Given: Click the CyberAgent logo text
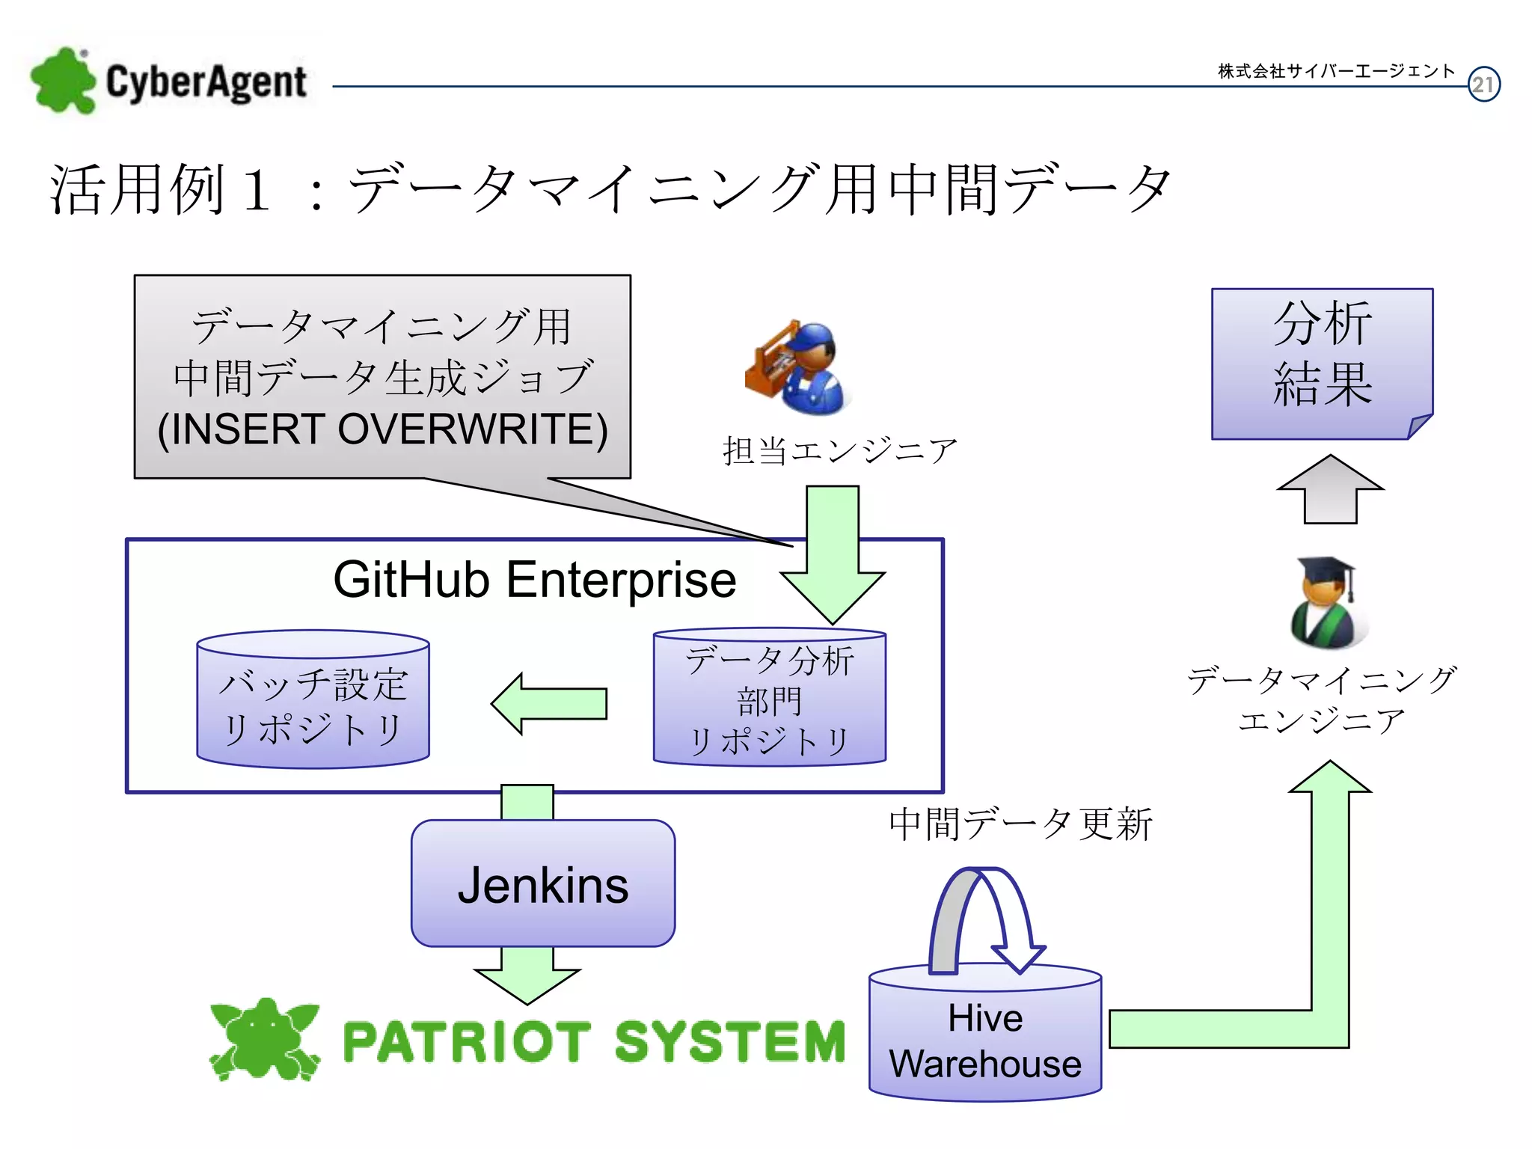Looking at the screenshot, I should [206, 82].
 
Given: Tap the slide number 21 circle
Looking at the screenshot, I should [1483, 85].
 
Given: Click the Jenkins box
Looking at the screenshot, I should [543, 884].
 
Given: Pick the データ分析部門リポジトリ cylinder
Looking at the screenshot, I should [770, 700].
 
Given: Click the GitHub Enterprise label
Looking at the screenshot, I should [534, 580].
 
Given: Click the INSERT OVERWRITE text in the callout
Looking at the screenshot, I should [382, 429].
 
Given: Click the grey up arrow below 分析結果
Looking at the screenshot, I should [1330, 490].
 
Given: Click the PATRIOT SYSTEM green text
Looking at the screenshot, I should [593, 1041].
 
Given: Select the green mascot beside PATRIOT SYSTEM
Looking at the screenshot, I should [264, 1039].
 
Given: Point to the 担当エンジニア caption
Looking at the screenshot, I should [839, 451].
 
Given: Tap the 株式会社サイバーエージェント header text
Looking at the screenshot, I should [1336, 71].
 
